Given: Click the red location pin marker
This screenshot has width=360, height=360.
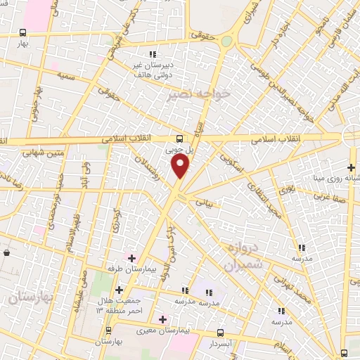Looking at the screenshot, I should (181, 166).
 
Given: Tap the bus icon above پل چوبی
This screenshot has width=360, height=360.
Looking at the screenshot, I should (179, 138).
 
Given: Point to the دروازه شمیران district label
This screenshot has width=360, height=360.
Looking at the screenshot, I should (244, 257).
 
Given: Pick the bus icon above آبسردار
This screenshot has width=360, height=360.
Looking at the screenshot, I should (220, 333).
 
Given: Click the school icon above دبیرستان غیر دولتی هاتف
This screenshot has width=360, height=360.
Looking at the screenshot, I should (152, 55).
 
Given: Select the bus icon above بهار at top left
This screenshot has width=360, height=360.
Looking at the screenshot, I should (23, 32).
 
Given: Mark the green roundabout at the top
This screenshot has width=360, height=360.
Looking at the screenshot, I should (226, 41).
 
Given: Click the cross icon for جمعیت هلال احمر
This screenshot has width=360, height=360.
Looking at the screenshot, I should (119, 290).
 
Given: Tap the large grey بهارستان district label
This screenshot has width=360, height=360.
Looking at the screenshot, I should (32, 297).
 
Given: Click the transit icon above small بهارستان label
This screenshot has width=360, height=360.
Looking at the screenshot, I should (108, 330).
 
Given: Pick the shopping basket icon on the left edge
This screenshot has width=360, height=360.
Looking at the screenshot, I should (6, 251).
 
